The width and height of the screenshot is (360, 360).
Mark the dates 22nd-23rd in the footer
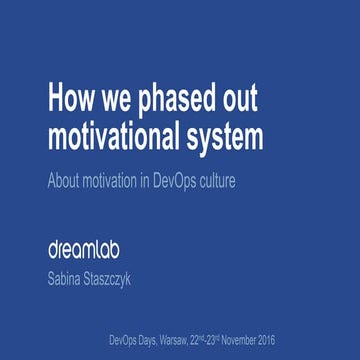(232, 340)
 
